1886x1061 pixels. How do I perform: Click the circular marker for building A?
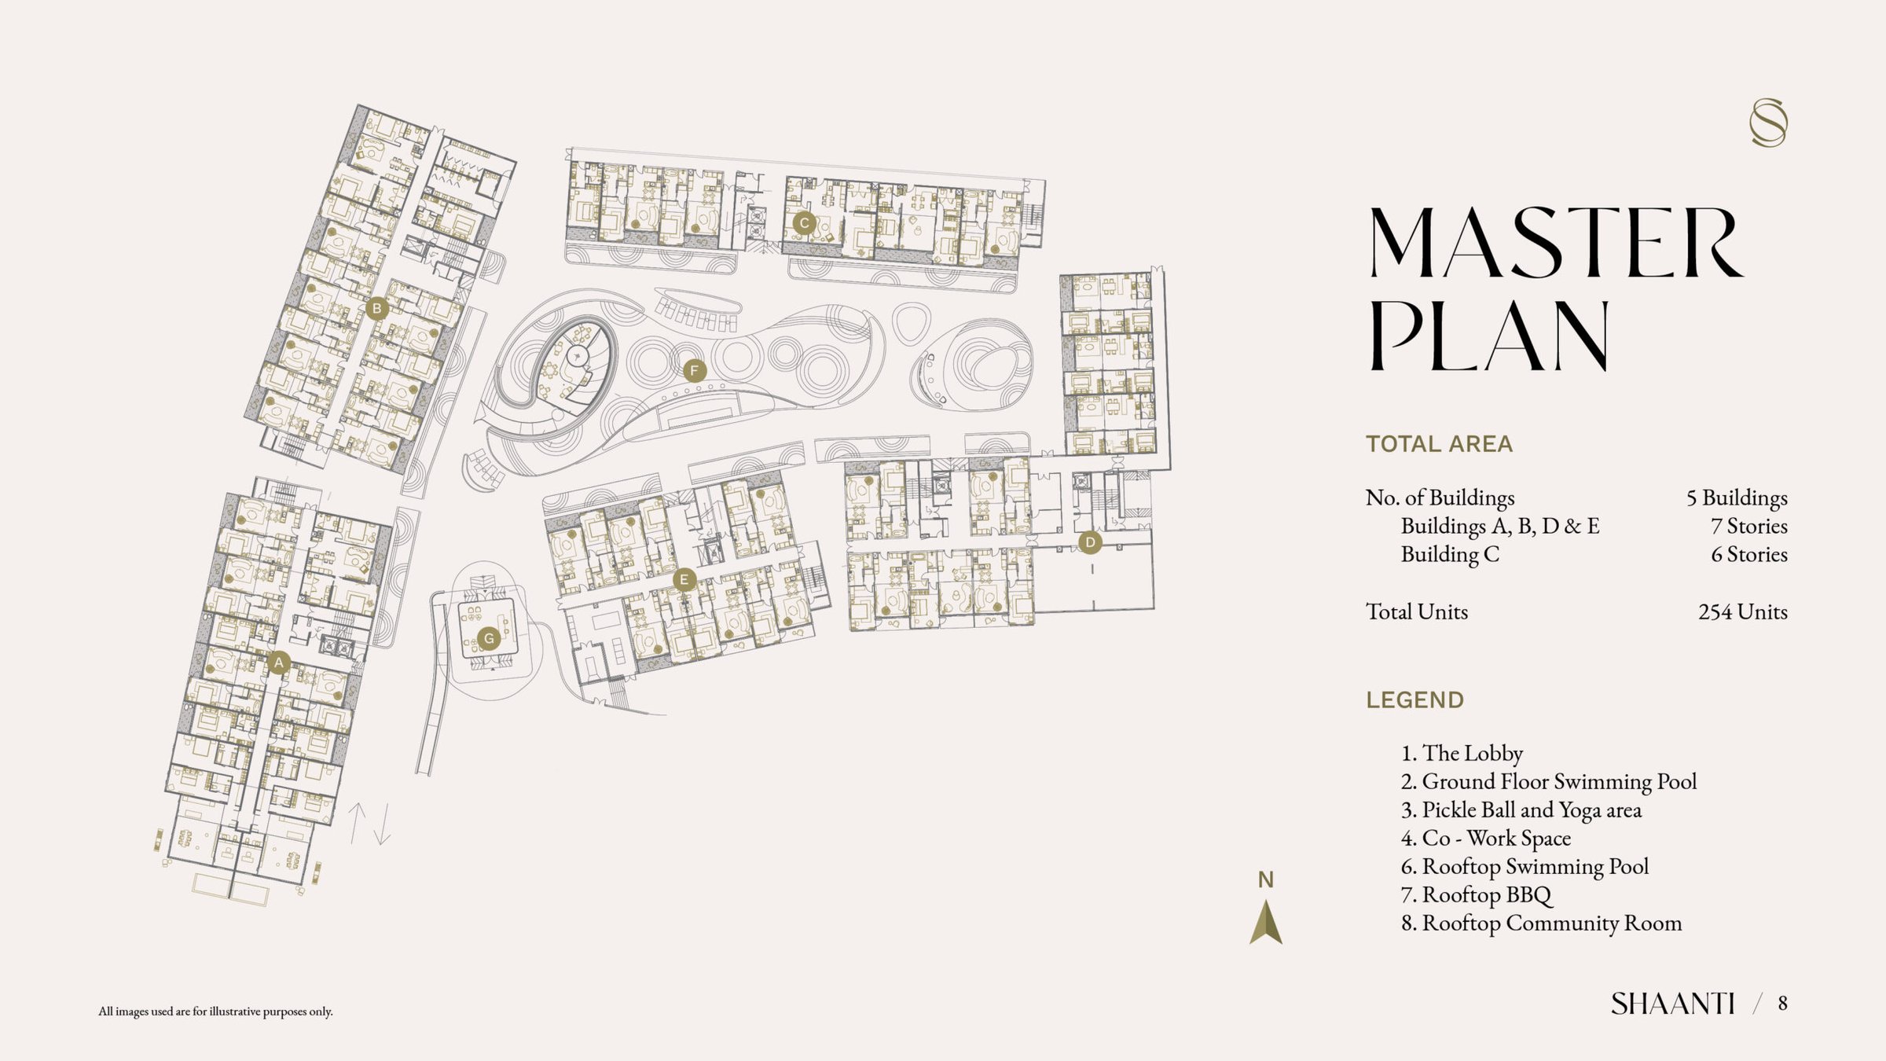[x=278, y=663]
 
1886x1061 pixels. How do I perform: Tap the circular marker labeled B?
[x=377, y=308]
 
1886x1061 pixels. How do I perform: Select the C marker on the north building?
[x=803, y=223]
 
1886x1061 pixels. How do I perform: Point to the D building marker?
[x=1090, y=542]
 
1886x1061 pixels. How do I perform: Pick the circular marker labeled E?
[x=684, y=581]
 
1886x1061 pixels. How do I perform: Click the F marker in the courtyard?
[x=694, y=370]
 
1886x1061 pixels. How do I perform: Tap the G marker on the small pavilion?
[x=489, y=638]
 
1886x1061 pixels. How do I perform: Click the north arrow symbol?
[x=1266, y=922]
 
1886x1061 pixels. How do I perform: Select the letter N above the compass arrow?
[x=1265, y=880]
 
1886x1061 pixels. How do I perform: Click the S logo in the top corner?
[x=1768, y=123]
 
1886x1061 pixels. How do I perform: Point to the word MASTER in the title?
[x=1557, y=243]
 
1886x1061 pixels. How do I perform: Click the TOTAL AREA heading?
[x=1439, y=444]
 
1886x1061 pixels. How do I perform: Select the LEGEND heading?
[x=1414, y=700]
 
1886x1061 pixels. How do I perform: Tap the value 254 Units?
[x=1743, y=611]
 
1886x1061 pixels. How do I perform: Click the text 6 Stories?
[x=1749, y=554]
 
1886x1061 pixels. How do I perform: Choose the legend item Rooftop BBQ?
[x=1477, y=895]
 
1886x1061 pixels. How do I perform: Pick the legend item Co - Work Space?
[x=1486, y=839]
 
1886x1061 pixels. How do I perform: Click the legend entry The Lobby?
[x=1462, y=753]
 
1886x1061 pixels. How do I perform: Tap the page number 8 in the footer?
[x=1783, y=1003]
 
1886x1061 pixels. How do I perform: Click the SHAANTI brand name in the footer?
[x=1673, y=1004]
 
